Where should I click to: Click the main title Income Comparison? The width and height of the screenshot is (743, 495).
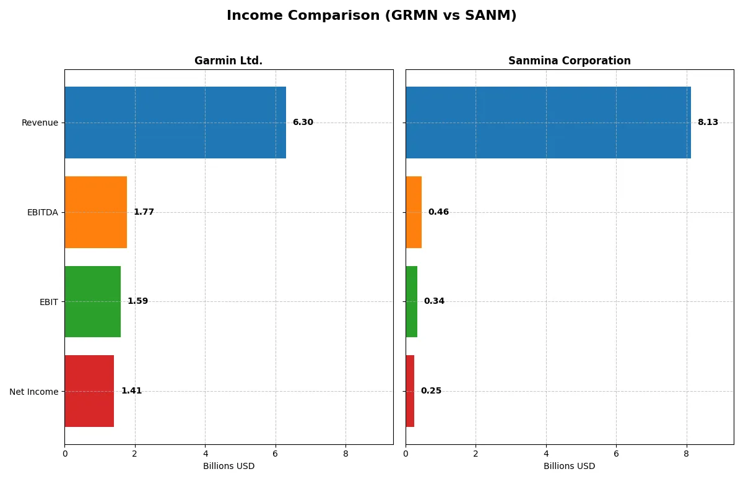tap(371, 15)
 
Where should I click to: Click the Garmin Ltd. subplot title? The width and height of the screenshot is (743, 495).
tap(228, 61)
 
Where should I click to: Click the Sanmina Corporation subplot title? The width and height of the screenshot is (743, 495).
tap(569, 61)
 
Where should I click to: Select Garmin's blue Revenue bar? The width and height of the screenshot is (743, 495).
tap(175, 123)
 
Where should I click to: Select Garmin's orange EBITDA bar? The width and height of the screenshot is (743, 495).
tap(96, 212)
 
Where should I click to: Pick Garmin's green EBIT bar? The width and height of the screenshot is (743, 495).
tap(93, 301)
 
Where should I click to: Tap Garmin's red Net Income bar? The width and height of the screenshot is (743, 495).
tap(89, 391)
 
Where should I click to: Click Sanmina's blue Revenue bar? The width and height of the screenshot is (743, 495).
tap(548, 123)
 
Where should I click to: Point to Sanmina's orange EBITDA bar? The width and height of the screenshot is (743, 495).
tap(414, 212)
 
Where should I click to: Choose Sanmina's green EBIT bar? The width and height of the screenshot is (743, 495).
tap(412, 301)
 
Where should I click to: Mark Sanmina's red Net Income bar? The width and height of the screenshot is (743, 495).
tap(410, 391)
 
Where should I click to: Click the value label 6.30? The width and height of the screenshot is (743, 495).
tap(303, 123)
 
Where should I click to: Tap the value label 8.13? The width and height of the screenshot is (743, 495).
tap(708, 123)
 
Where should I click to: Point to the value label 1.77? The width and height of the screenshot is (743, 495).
tap(144, 212)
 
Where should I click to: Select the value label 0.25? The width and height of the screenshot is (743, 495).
tap(431, 391)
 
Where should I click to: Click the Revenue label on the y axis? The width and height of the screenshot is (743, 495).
tap(40, 123)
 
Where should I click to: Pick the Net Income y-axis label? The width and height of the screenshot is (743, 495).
tap(34, 391)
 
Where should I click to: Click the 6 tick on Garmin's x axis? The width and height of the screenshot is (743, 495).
tap(276, 454)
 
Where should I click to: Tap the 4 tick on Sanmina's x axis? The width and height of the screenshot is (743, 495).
tap(546, 454)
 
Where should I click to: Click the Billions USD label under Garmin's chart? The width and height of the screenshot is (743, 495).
tap(228, 466)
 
